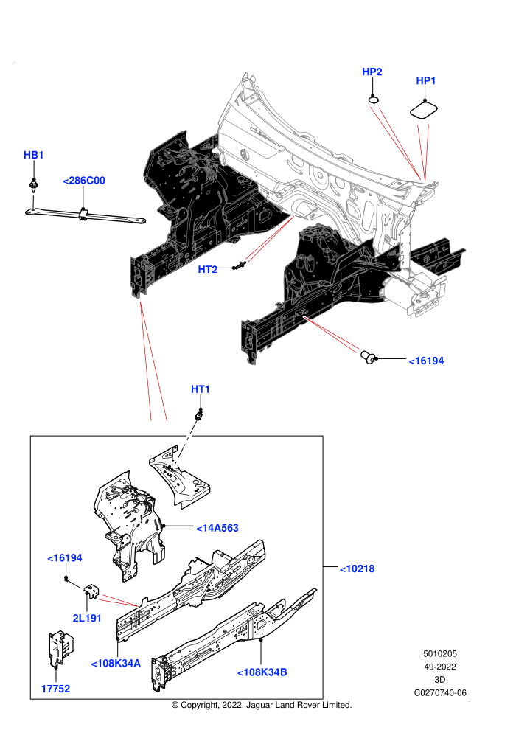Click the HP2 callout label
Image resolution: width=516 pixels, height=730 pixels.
pyautogui.click(x=372, y=72)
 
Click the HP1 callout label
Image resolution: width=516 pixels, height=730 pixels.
pyautogui.click(x=426, y=80)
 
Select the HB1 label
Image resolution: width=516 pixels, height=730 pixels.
pyautogui.click(x=33, y=155)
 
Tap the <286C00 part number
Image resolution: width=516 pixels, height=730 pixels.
pyautogui.click(x=84, y=181)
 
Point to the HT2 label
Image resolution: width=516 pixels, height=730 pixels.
pyautogui.click(x=208, y=270)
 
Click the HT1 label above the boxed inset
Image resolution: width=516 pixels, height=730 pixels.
pyautogui.click(x=201, y=389)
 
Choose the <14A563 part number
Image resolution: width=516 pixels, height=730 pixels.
pyautogui.click(x=217, y=528)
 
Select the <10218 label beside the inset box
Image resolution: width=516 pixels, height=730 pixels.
pyautogui.click(x=357, y=569)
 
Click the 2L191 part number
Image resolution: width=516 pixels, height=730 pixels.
pyautogui.click(x=87, y=618)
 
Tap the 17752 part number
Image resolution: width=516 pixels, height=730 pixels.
pyautogui.click(x=55, y=689)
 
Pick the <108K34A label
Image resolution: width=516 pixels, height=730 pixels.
pyautogui.click(x=116, y=664)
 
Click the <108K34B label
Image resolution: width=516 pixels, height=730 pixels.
pyautogui.click(x=262, y=672)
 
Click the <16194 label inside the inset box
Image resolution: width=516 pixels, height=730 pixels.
pyautogui.click(x=65, y=557)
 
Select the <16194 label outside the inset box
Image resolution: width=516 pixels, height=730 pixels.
pyautogui.click(x=426, y=361)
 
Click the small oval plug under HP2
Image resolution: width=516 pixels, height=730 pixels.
pyautogui.click(x=374, y=99)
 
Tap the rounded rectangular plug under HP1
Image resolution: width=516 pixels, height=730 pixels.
pyautogui.click(x=424, y=111)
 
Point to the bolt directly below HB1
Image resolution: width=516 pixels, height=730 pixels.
pyautogui.click(x=33, y=184)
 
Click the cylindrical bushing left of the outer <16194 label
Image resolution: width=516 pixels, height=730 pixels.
pyautogui.click(x=369, y=357)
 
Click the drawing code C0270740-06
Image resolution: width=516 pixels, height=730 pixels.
pyautogui.click(x=440, y=692)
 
